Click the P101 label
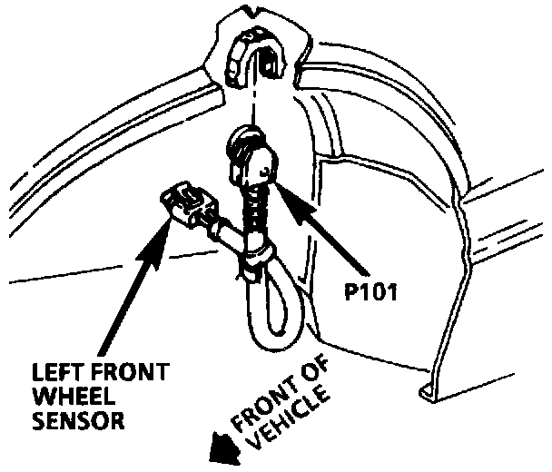370,291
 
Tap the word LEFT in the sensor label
55,372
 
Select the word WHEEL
74,396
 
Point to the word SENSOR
78,420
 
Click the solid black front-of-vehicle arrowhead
224,448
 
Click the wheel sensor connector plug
189,204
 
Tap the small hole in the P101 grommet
265,172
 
